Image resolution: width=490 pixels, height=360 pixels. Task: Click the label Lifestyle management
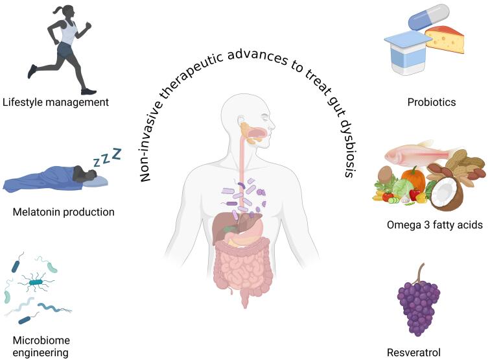point(55,102)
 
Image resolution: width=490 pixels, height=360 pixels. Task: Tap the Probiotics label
point(432,102)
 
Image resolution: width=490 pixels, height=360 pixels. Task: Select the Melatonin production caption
point(63,211)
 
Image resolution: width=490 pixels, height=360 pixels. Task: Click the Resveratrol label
point(414,353)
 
